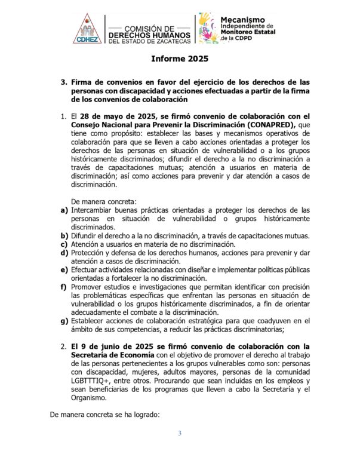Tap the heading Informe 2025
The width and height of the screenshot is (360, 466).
pos(179,60)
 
